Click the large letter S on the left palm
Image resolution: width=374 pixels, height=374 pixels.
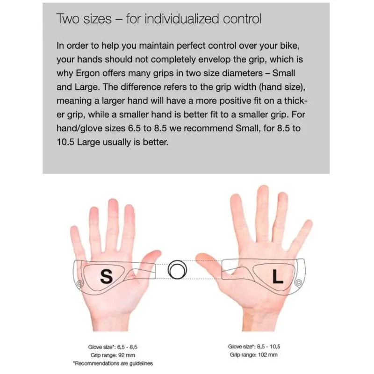coord(107,276)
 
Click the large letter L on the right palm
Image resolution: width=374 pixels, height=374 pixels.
coord(278,276)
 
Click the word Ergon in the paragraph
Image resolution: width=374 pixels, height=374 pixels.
coord(88,73)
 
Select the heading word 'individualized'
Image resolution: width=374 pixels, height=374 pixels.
coord(181,19)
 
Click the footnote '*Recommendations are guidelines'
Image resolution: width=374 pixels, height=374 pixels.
coord(113,363)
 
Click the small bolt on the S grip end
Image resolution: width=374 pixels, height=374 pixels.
coord(79,284)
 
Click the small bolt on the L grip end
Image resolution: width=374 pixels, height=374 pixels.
coord(298,283)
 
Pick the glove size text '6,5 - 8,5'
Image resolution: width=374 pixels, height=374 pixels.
coord(127,347)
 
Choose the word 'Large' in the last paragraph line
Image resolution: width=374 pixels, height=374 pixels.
coord(88,142)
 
